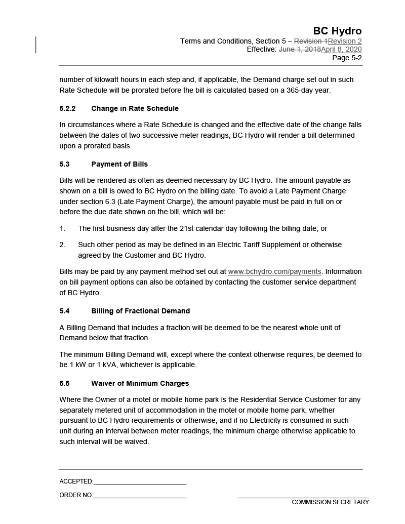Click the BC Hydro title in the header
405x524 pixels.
(337, 31)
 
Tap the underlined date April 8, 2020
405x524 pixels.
(341, 50)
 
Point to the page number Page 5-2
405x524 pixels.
(347, 58)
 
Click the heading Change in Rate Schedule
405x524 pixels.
(135, 108)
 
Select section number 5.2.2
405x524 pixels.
(67, 108)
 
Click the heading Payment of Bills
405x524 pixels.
(119, 164)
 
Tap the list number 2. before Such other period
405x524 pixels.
(62, 245)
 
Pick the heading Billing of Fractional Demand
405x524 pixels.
(140, 311)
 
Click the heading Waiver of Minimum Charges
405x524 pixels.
(140, 383)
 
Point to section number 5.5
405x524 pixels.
(64, 383)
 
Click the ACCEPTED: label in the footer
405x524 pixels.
(76, 481)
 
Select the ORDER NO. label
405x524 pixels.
(76, 495)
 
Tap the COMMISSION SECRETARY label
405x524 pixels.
(330, 502)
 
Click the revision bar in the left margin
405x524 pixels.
(36, 45)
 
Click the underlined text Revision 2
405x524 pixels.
(345, 41)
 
